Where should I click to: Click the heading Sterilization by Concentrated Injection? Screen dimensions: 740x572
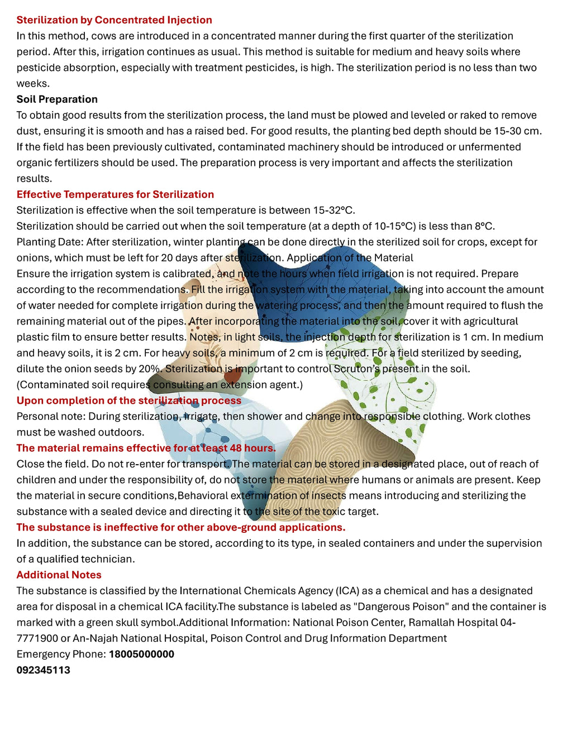[114, 20]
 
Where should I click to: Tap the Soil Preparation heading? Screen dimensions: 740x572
[57, 99]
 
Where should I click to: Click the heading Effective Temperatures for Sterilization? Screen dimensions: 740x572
[115, 194]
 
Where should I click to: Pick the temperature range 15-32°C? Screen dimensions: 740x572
[333, 211]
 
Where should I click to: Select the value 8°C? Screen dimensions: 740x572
[484, 226]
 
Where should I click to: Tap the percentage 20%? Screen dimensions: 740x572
[150, 369]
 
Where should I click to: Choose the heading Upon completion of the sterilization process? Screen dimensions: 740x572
[128, 400]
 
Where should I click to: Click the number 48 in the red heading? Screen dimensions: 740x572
[236, 448]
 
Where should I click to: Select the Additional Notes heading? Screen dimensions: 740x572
[59, 575]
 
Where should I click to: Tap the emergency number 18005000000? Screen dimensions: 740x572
[141, 655]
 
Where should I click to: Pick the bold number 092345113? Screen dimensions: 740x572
[43, 670]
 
